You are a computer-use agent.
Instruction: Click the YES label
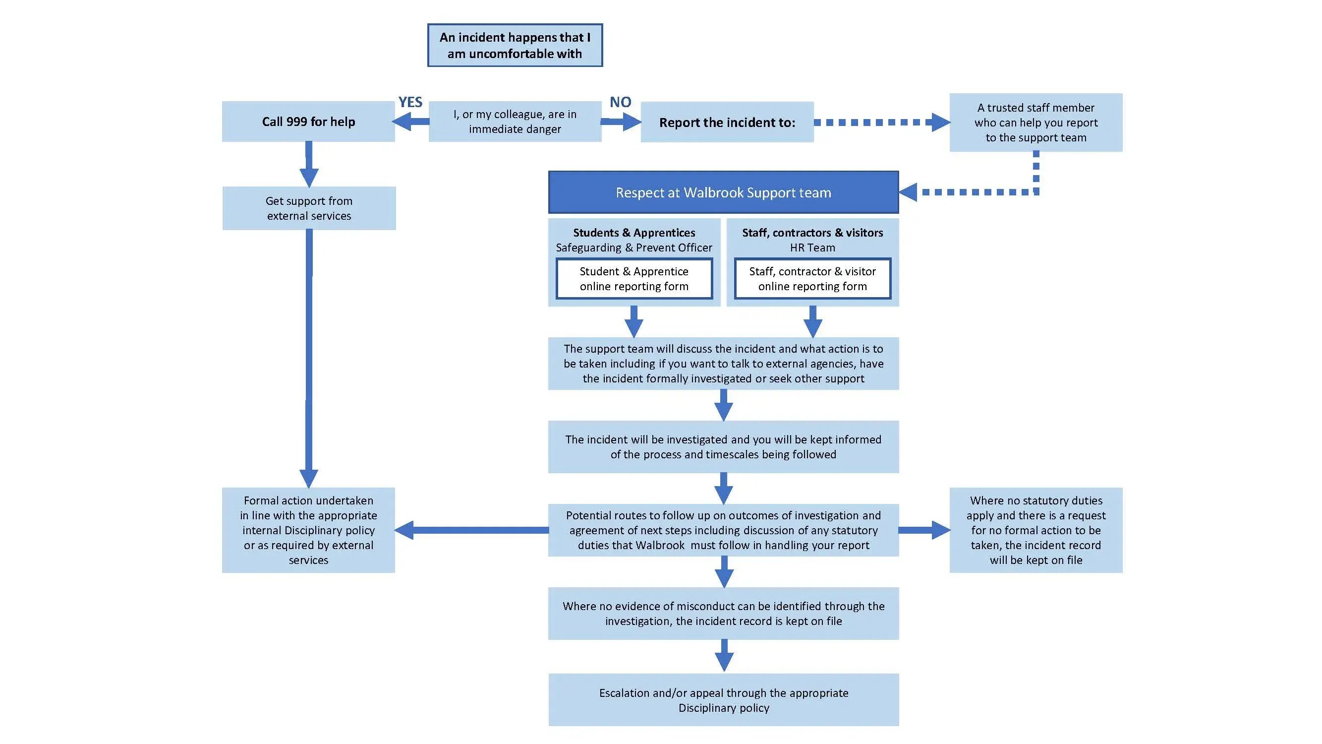(x=410, y=102)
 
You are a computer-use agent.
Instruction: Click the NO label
(x=620, y=102)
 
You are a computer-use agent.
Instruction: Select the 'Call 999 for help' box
(x=308, y=122)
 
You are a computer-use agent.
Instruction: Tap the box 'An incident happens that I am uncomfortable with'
(x=515, y=45)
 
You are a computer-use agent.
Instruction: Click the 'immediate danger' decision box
(x=515, y=122)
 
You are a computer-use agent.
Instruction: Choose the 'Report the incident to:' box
(x=727, y=122)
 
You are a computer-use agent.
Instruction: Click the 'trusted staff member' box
(x=1035, y=122)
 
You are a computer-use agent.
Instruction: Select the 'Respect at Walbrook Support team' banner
(x=723, y=192)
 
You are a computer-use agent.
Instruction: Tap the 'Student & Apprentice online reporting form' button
(x=634, y=279)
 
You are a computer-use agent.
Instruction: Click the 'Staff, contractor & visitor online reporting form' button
(x=812, y=279)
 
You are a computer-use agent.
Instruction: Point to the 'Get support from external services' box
(x=309, y=208)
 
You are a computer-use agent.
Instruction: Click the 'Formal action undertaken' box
(x=308, y=530)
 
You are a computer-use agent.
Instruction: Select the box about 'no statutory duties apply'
(x=1035, y=530)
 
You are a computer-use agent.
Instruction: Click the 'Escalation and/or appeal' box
(x=723, y=700)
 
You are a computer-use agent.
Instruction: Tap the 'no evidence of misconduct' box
(x=723, y=613)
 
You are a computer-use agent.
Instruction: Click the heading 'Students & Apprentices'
(x=634, y=233)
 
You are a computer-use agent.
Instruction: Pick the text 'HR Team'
(x=812, y=248)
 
